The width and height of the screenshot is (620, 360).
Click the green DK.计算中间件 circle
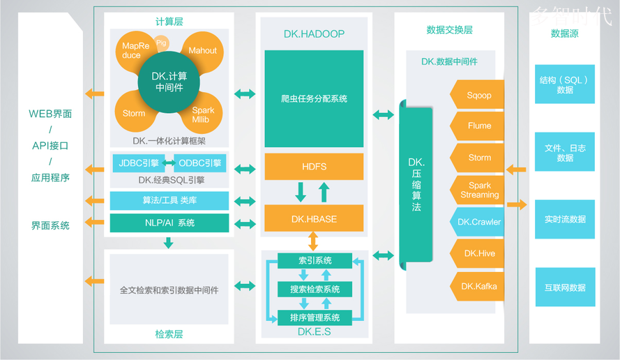pos(170,82)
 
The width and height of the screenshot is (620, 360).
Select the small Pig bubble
pos(162,43)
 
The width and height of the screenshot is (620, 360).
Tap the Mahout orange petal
pos(203,52)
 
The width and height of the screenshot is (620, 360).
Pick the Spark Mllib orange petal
pos(203,114)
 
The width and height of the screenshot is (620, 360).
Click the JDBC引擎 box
pos(138,163)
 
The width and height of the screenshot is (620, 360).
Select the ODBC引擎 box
pos(199,163)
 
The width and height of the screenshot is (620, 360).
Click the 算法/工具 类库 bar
pos(169,201)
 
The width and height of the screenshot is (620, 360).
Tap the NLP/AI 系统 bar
pos(169,223)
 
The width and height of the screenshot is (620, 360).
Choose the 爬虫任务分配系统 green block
pos(314,98)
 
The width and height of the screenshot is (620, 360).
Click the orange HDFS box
pos(314,167)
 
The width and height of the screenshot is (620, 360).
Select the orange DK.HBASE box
pos(314,218)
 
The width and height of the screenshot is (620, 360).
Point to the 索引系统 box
pos(315,260)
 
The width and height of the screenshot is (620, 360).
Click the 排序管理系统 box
pos(315,317)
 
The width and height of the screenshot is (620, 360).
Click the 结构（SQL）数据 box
pos(565,84)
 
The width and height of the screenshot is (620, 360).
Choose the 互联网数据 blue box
pos(565,287)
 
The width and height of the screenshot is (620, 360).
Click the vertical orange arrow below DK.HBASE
pos(314,241)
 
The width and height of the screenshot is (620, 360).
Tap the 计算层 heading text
pos(169,22)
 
